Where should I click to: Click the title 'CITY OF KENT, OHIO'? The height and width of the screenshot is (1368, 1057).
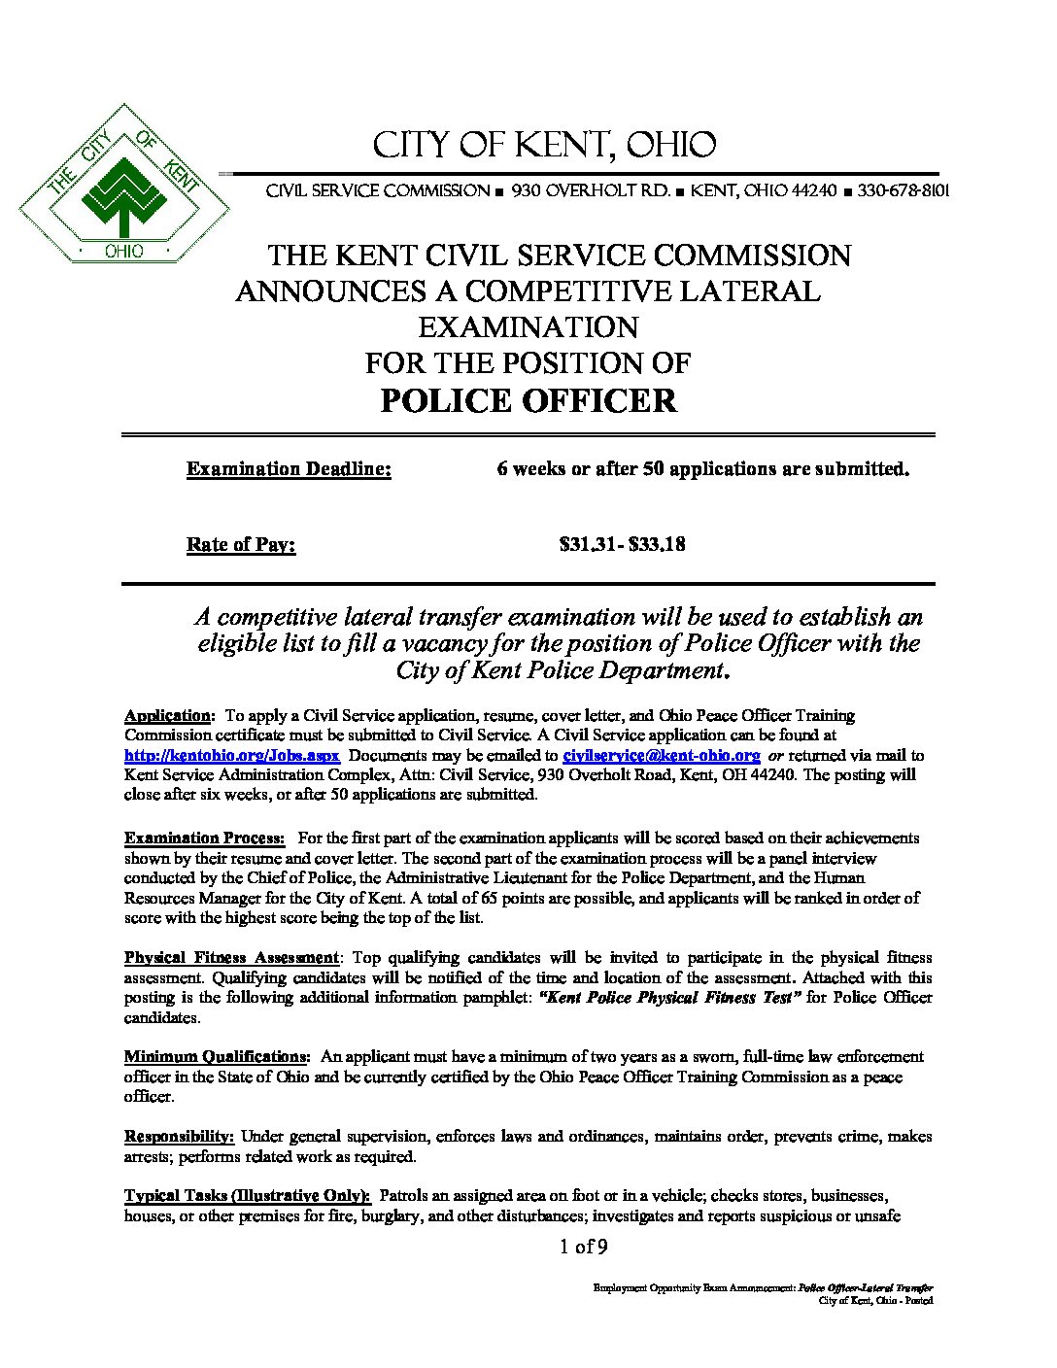pyautogui.click(x=545, y=146)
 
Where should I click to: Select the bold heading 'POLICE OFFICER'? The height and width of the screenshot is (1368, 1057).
pyautogui.click(x=528, y=400)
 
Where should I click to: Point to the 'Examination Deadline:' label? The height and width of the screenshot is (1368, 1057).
pyautogui.click(x=289, y=469)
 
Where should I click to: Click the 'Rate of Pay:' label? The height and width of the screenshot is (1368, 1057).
pyautogui.click(x=241, y=544)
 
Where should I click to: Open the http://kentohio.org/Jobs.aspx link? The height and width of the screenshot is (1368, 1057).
pyautogui.click(x=231, y=755)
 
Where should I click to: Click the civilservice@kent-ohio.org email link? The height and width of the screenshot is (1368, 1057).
pyautogui.click(x=662, y=755)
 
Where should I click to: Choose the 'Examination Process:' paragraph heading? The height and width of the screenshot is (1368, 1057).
pyautogui.click(x=204, y=838)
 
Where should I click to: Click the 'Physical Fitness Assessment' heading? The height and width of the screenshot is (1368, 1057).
pyautogui.click(x=231, y=957)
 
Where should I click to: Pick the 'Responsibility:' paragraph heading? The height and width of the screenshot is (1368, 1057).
pyautogui.click(x=180, y=1136)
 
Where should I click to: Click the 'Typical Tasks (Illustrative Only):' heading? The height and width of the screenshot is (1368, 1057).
pyautogui.click(x=248, y=1195)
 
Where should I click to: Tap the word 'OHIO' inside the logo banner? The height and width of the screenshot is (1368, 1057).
pyautogui.click(x=123, y=252)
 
